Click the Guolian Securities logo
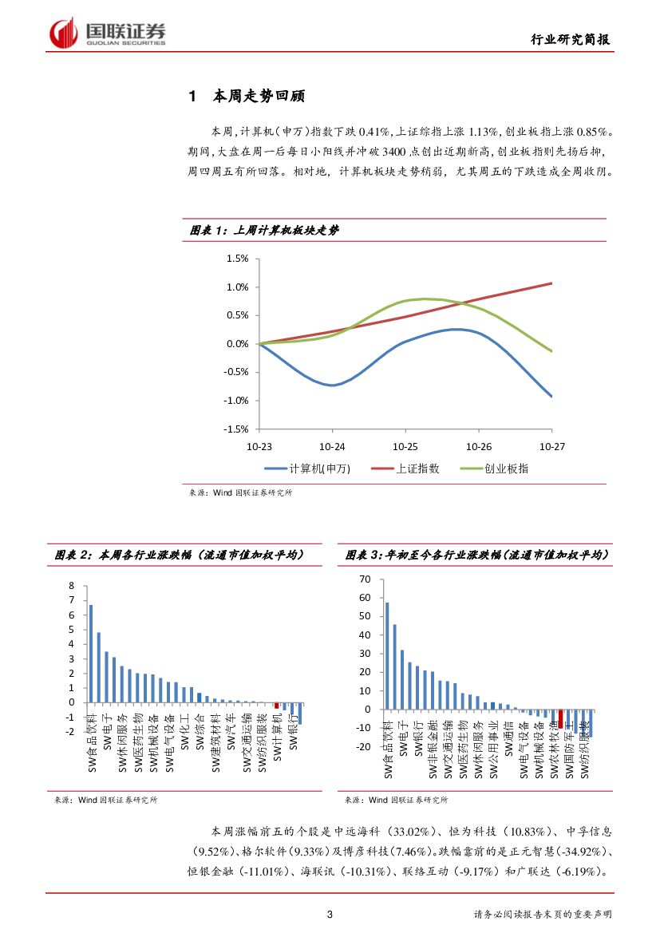pyautogui.click(x=109, y=33)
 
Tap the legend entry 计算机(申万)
pyautogui.click(x=308, y=468)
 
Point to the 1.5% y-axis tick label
pyautogui.click(x=238, y=259)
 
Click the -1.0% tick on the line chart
pyautogui.click(x=236, y=401)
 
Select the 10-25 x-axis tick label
pyautogui.click(x=405, y=447)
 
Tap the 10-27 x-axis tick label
pyautogui.click(x=552, y=447)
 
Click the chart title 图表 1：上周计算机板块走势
pyautogui.click(x=263, y=230)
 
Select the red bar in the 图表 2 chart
pyautogui.click(x=277, y=706)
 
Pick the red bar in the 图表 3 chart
pyautogui.click(x=560, y=718)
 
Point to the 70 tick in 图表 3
pyautogui.click(x=366, y=579)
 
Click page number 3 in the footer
pyautogui.click(x=330, y=914)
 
